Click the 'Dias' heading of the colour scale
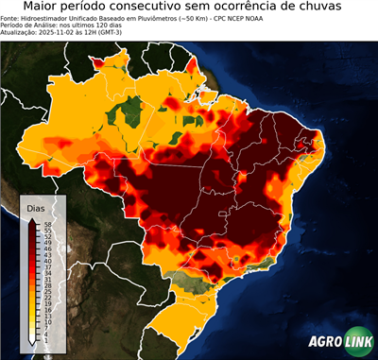(x=36, y=207)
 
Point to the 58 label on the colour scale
(x=45, y=224)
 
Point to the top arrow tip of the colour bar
(x=32, y=218)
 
